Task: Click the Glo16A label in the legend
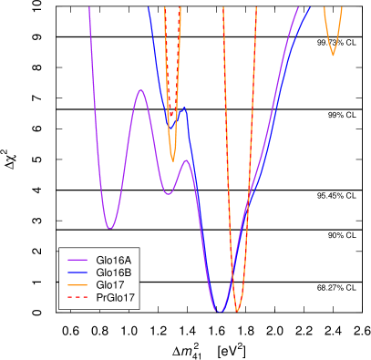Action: point(113,260)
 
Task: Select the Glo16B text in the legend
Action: point(113,273)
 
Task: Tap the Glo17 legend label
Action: point(110,285)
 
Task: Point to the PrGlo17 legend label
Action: point(116,298)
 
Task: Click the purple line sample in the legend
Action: point(77,260)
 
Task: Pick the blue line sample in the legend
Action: point(77,273)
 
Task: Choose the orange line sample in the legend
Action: point(77,285)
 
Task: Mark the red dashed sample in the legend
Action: point(77,298)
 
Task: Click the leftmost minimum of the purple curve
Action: point(109,228)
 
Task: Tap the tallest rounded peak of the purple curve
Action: point(140,90)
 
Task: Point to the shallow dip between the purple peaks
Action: point(168,194)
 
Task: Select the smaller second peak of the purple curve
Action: point(186,160)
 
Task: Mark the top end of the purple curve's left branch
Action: point(89,8)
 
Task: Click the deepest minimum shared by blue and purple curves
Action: point(219,312)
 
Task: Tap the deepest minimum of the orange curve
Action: point(238,312)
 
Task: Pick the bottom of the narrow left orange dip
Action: point(173,161)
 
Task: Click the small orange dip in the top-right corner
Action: point(333,55)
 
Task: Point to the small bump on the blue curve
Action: point(184,108)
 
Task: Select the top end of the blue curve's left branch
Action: point(148,8)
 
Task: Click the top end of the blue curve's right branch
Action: point(310,8)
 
